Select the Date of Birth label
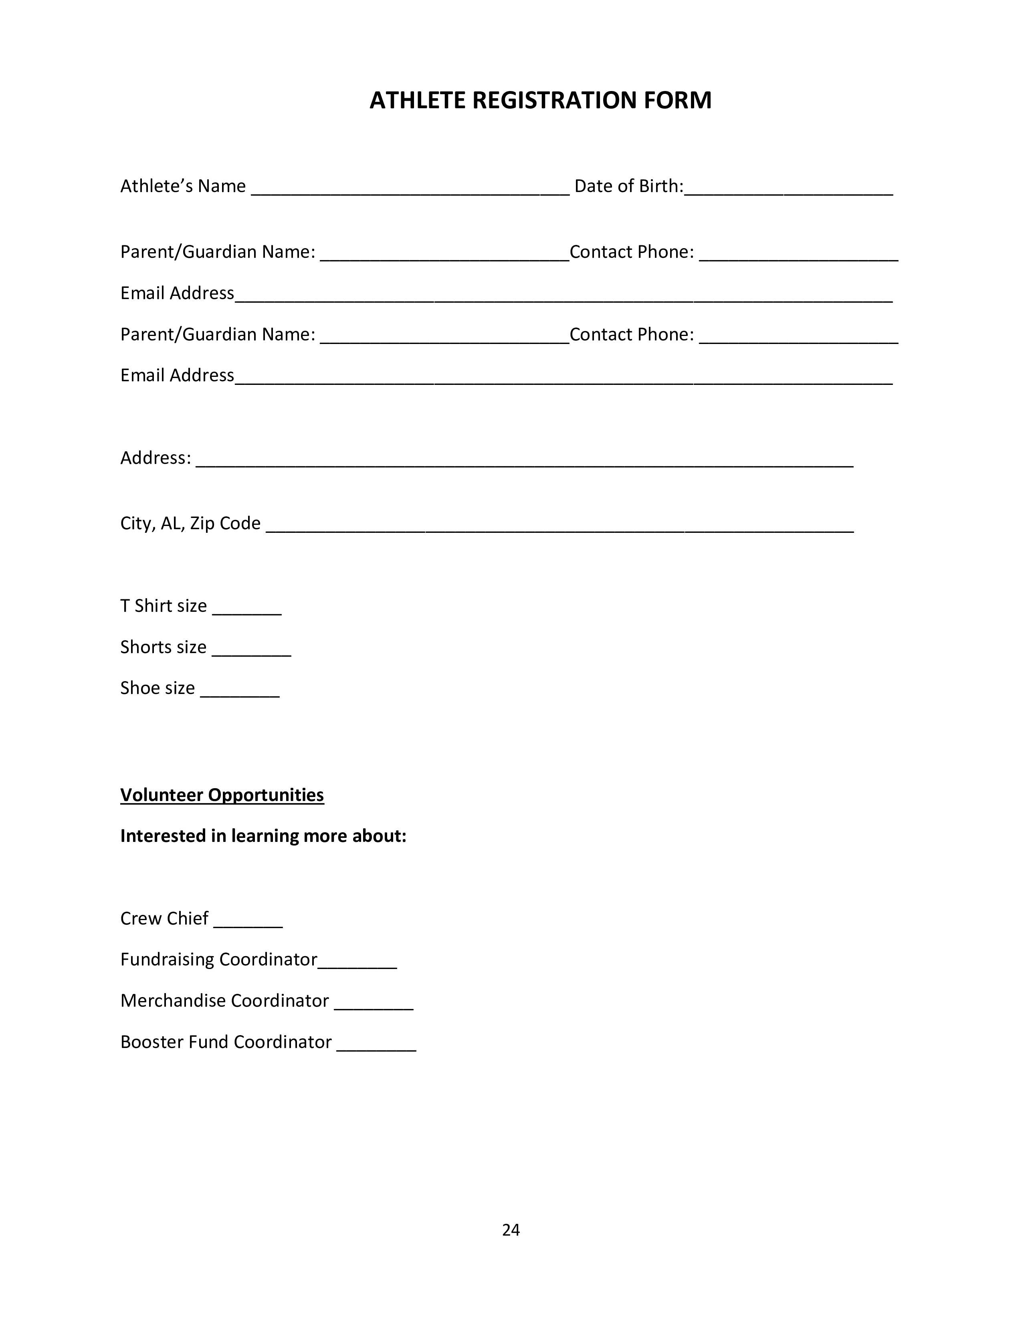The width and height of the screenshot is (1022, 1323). click(x=628, y=186)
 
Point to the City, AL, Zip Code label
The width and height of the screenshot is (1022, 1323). click(x=190, y=523)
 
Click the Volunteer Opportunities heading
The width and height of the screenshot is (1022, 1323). click(x=222, y=795)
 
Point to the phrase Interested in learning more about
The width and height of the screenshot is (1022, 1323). click(x=263, y=836)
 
